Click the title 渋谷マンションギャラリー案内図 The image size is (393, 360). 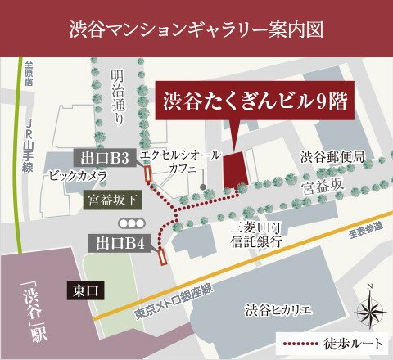pos(196,31)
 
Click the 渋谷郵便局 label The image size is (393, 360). pos(331,156)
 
